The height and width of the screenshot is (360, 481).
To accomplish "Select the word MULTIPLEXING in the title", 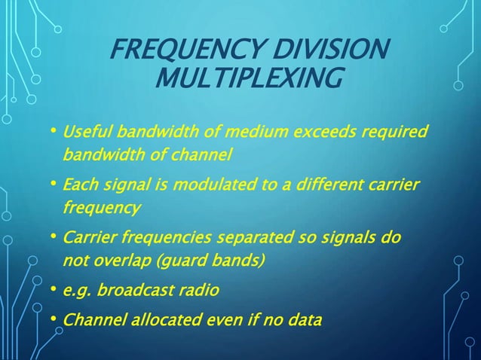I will click(247, 78).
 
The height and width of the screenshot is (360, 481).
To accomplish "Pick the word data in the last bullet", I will click(302, 320).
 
